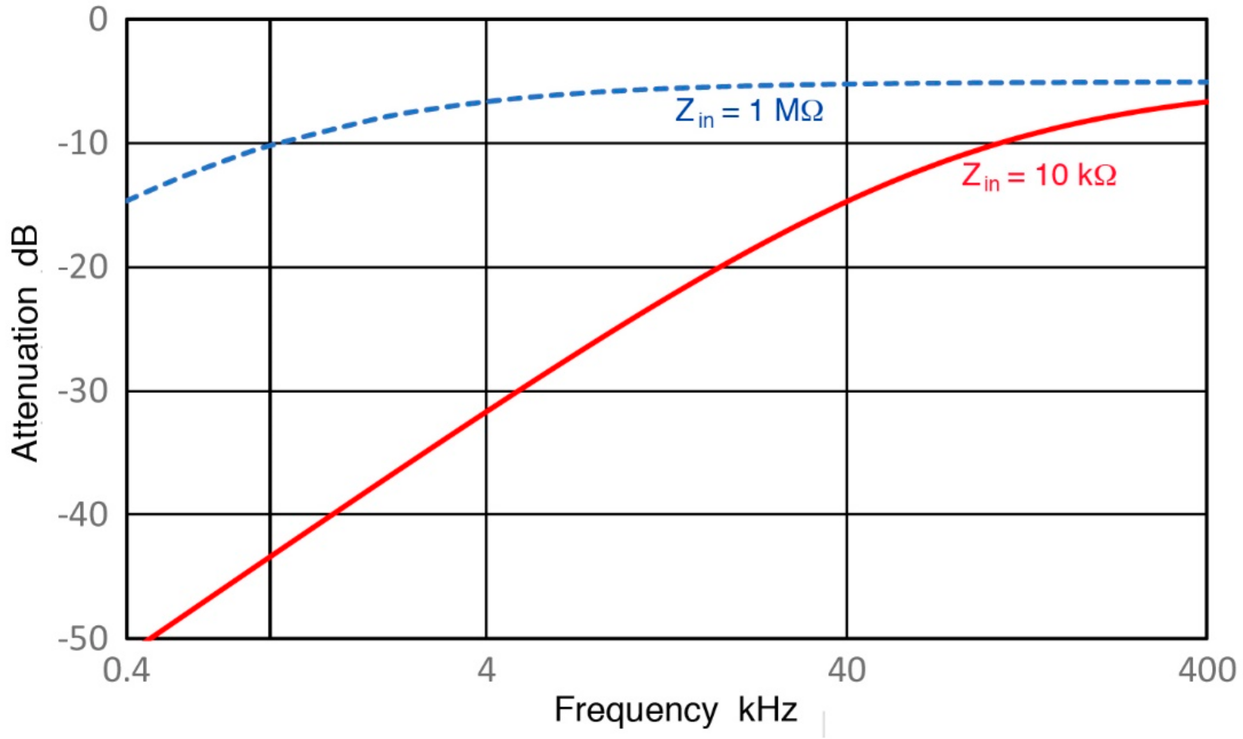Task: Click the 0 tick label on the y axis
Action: (98, 21)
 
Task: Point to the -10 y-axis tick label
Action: (83, 144)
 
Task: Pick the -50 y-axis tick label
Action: (83, 638)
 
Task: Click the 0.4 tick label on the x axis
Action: (127, 670)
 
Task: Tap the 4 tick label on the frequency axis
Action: (486, 670)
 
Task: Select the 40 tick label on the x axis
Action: (846, 670)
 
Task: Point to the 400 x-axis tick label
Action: (1207, 670)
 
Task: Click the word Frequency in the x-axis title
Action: (636, 710)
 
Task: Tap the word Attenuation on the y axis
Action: (25, 373)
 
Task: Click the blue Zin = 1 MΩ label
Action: (749, 111)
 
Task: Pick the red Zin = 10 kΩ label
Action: (1039, 176)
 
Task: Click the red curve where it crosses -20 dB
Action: (717, 267)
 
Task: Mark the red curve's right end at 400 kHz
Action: (1206, 102)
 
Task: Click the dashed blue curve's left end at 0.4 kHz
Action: (128, 201)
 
